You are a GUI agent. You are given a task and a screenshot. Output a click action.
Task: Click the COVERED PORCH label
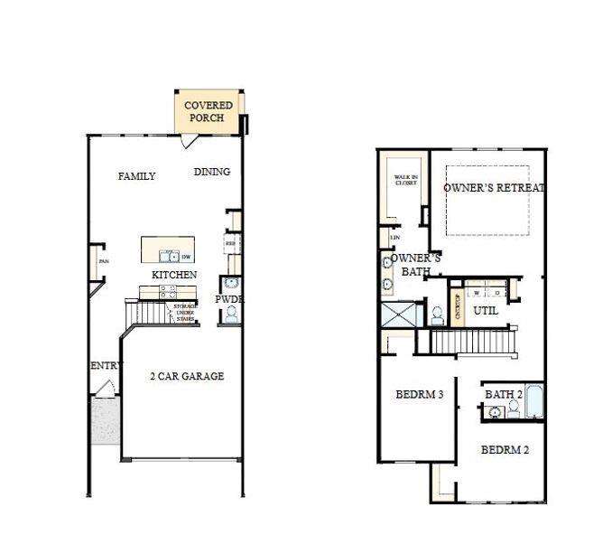click(209, 111)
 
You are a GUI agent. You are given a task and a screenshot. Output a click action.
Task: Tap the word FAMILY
click(136, 176)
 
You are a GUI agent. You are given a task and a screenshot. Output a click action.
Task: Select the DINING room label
click(212, 172)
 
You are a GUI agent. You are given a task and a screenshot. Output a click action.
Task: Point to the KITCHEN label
click(174, 275)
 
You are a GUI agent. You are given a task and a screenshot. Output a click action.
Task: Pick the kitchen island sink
click(166, 256)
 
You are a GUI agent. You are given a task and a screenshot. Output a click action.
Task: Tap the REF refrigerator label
click(230, 243)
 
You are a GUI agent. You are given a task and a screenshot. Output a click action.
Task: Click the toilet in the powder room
click(230, 314)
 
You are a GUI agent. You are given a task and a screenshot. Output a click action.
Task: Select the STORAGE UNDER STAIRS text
click(185, 312)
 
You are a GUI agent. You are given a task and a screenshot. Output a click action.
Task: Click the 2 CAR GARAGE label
click(187, 376)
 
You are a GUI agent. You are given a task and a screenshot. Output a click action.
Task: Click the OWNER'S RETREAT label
click(494, 188)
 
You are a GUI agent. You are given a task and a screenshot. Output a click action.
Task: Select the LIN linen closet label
click(394, 238)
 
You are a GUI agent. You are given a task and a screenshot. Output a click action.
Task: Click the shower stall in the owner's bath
click(400, 315)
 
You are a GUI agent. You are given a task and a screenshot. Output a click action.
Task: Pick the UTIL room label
click(486, 310)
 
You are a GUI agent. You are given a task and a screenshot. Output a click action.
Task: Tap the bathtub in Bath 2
click(533, 403)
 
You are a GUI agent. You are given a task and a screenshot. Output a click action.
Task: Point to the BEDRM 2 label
click(505, 449)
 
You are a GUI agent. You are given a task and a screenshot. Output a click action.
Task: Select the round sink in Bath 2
click(495, 413)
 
